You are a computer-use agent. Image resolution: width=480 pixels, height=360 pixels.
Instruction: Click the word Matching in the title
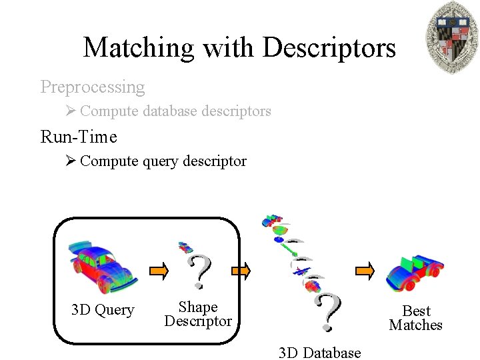138,48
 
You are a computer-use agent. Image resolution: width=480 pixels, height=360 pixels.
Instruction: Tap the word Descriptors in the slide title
329,48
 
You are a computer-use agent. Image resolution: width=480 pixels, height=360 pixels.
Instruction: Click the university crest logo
452,37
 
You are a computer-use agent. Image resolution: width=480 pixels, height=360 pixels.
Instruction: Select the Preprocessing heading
92,87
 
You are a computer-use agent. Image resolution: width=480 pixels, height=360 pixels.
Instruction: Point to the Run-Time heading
79,137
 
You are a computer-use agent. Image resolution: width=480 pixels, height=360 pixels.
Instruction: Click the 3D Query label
103,310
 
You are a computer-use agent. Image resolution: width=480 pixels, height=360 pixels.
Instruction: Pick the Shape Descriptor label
198,314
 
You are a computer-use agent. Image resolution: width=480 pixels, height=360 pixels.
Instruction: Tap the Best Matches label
416,318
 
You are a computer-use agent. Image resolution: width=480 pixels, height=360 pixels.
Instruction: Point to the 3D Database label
319,353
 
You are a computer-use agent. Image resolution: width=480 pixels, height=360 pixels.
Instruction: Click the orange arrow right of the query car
159,271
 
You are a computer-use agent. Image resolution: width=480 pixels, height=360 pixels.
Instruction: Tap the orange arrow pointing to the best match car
365,271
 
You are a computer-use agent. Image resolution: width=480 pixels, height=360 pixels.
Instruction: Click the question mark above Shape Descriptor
199,271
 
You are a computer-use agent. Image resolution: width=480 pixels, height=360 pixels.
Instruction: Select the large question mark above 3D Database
327,312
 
